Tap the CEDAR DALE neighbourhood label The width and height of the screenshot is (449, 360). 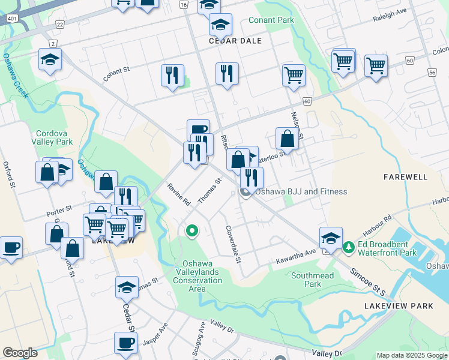pos(235,41)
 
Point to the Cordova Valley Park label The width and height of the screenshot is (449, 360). pos(54,137)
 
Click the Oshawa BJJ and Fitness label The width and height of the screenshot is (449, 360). pos(301,191)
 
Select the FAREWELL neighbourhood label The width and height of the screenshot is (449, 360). pos(405,177)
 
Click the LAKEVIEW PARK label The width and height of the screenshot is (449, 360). pos(399,306)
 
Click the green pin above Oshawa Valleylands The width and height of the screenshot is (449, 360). pos(192,230)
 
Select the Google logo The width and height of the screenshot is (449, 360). pos(20,353)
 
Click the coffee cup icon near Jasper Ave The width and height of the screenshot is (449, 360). pos(125,343)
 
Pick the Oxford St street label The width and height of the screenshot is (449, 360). pos(8,174)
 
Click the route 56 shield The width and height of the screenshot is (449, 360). pos(432,71)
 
